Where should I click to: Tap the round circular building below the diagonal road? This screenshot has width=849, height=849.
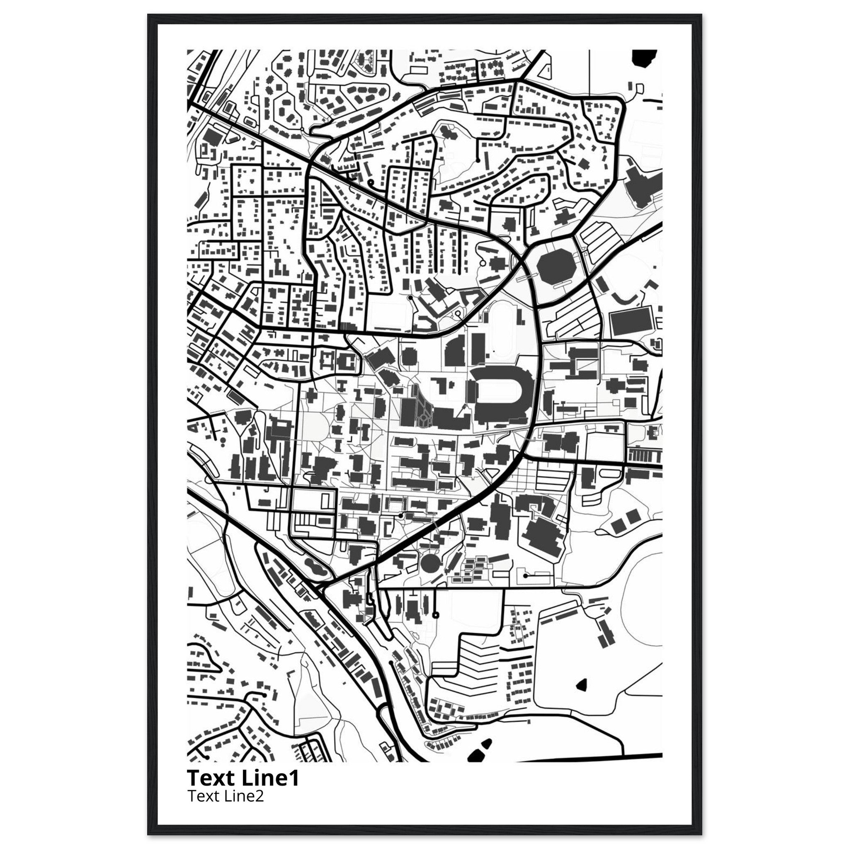(429, 563)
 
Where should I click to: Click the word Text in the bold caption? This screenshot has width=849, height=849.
(212, 778)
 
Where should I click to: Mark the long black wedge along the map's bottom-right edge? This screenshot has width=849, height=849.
(606, 757)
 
